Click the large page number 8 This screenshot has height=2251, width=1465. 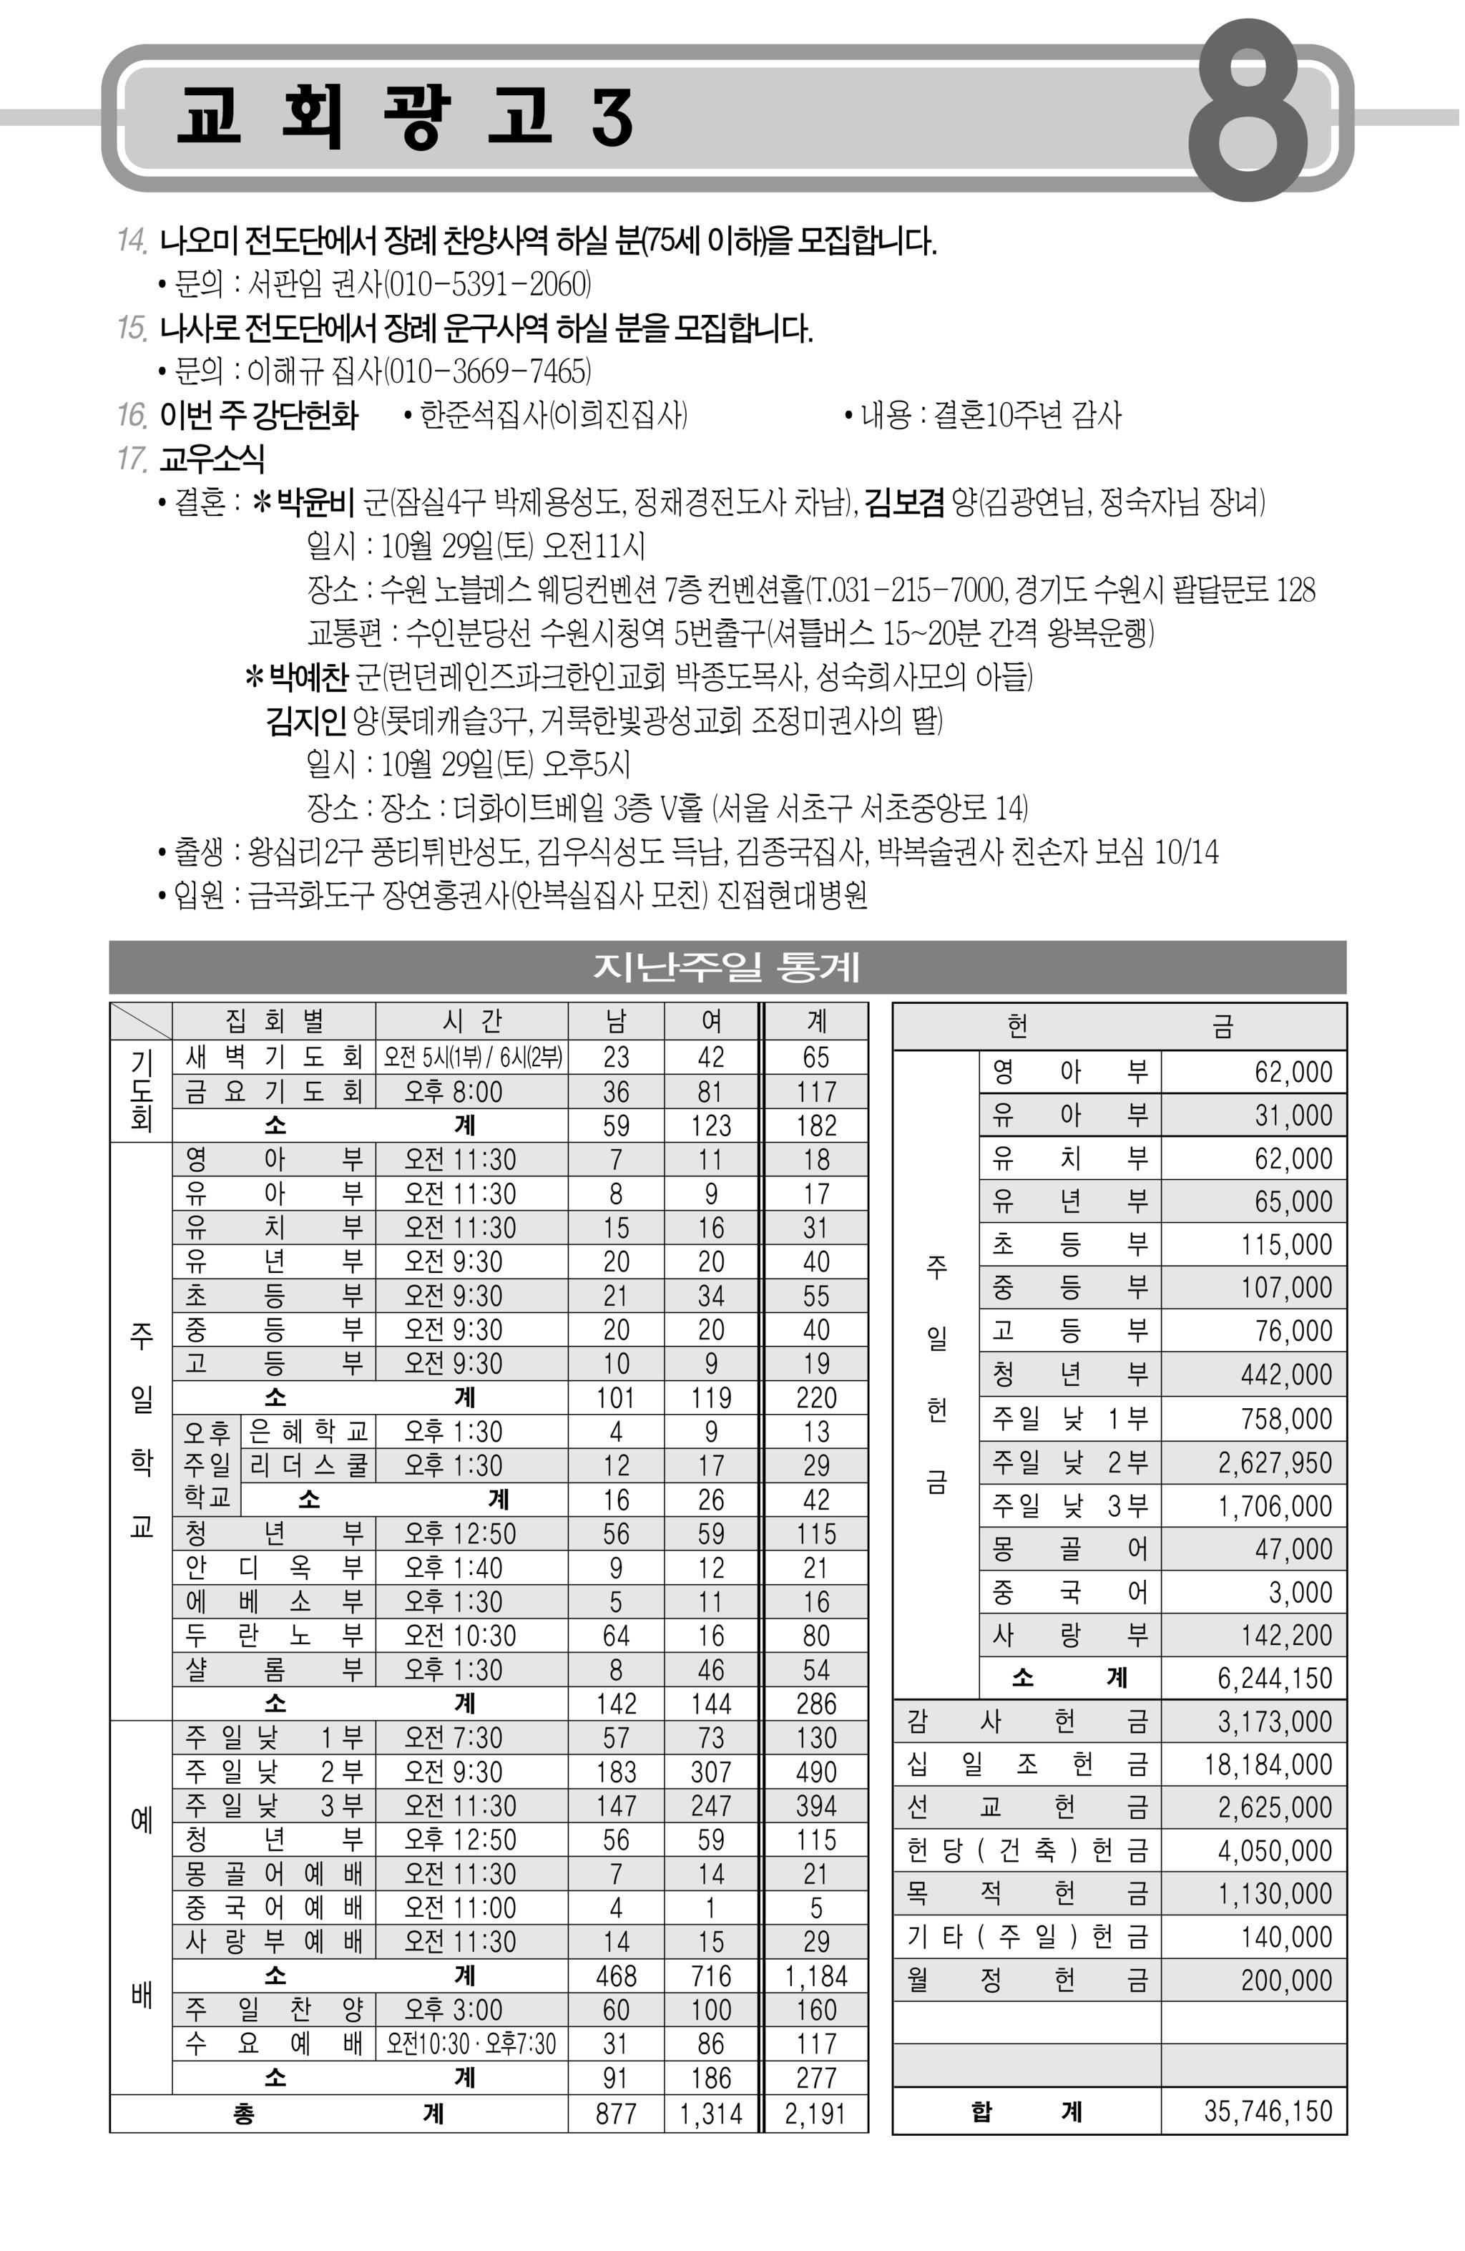pos(1248,112)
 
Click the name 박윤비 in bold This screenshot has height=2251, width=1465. pos(314,502)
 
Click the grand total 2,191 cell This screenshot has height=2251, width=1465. pos(815,2113)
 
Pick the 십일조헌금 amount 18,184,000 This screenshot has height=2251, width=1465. pos(1268,1764)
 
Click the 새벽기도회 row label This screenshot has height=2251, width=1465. pos(273,1057)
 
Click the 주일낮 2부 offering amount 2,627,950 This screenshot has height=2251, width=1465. pos(1274,1463)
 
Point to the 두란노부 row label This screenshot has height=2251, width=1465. pos(273,1635)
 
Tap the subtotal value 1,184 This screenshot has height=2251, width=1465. pos(815,1976)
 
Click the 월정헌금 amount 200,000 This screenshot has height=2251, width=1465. pos(1285,1980)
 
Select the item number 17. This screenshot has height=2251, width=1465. pos(132,459)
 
